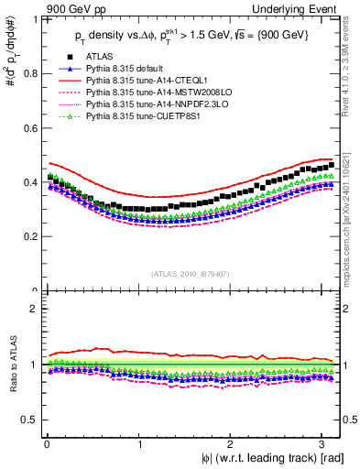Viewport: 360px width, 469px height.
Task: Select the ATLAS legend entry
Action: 92,57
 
